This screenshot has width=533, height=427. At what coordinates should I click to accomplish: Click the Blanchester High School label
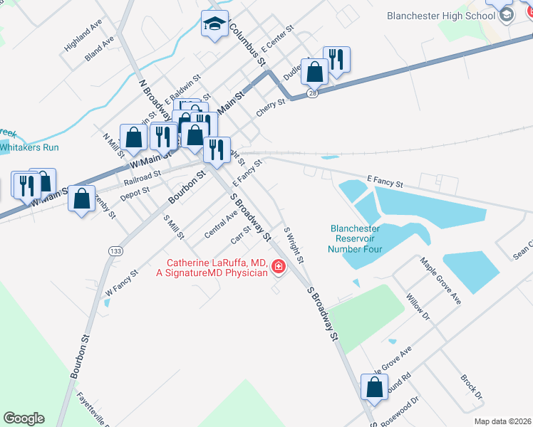[x=441, y=16]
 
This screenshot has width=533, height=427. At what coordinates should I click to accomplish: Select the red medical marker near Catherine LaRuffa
[x=278, y=268]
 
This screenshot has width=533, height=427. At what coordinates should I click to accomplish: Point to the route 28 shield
[x=313, y=93]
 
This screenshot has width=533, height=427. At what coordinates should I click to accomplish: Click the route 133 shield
[x=114, y=251]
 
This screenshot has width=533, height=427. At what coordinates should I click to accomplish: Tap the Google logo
[x=24, y=418]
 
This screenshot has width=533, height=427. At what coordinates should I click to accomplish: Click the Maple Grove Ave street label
[x=441, y=282]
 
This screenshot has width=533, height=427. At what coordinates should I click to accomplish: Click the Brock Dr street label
[x=472, y=387]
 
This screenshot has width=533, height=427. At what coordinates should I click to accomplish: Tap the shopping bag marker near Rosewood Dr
[x=374, y=389]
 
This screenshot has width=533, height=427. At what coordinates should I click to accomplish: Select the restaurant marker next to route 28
[x=336, y=60]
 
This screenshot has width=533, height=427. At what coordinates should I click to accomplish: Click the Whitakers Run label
[x=29, y=147]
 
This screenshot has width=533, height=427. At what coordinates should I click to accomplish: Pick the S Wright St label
[x=294, y=244]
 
